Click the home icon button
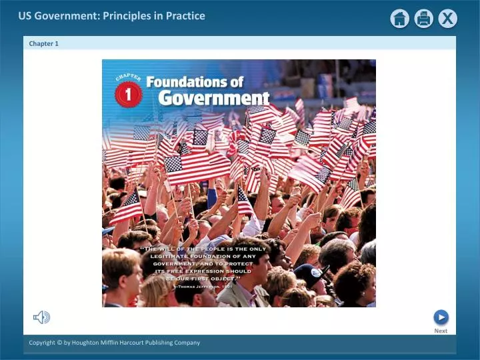pyautogui.click(x=400, y=19)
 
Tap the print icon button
pyautogui.click(x=424, y=19)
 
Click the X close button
pyautogui.click(x=447, y=19)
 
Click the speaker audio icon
pyautogui.click(x=41, y=317)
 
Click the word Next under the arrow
pyautogui.click(x=441, y=331)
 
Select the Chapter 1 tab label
pyautogui.click(x=44, y=43)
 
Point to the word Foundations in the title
pyautogui.click(x=195, y=82)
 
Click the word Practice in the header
pyautogui.click(x=185, y=15)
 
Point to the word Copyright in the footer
pyautogui.click(x=44, y=343)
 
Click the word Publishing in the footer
pyautogui.click(x=161, y=343)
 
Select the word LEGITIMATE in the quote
pyautogui.click(x=173, y=256)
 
